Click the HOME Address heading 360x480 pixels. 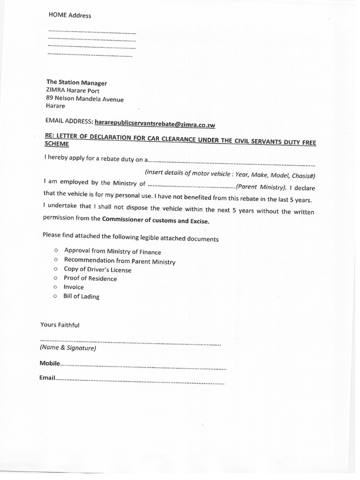pyautogui.click(x=70, y=15)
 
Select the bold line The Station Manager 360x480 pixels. pyautogui.click(x=76, y=82)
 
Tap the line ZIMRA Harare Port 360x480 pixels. pyautogui.click(x=73, y=91)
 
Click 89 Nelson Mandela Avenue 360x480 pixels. pyautogui.click(x=85, y=99)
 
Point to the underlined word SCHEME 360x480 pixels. pyautogui.click(x=56, y=145)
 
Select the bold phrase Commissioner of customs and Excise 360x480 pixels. pyautogui.click(x=156, y=220)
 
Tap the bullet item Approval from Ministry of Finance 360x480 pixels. pyautogui.click(x=112, y=251)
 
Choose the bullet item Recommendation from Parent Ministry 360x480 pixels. pyautogui.click(x=120, y=261)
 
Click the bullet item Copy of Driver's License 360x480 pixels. pyautogui.click(x=97, y=270)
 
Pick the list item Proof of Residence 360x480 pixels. pyautogui.click(x=90, y=278)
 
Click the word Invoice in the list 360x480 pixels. pyautogui.click(x=74, y=287)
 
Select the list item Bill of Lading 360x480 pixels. pyautogui.click(x=82, y=296)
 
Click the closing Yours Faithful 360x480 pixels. pyautogui.click(x=60, y=324)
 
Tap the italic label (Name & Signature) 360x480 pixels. pyautogui.click(x=68, y=348)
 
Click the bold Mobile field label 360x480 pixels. pyautogui.click(x=50, y=363)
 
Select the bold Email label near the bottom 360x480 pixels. pyautogui.click(x=47, y=377)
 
